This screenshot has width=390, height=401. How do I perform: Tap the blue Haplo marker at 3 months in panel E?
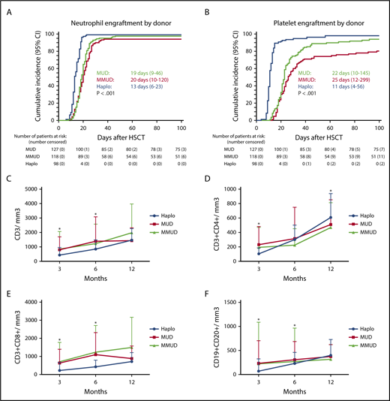(x=59, y=370)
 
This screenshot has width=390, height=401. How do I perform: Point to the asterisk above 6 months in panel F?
(x=294, y=325)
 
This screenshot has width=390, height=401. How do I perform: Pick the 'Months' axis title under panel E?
(x=95, y=393)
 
